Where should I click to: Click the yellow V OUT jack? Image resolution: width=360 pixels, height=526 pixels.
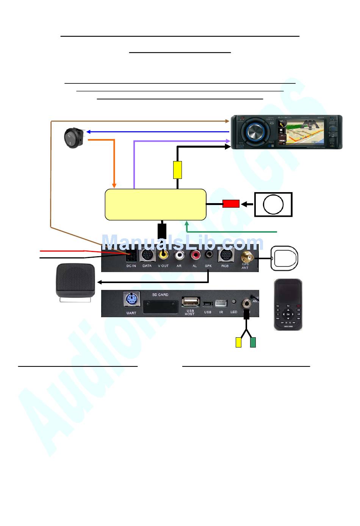(x=164, y=255)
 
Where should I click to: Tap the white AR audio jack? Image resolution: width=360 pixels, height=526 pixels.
(x=179, y=255)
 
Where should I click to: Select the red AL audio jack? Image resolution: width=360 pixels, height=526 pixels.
(x=195, y=255)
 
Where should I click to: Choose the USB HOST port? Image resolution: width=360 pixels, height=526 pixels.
(x=190, y=302)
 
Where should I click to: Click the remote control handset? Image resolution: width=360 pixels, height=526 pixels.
(x=288, y=305)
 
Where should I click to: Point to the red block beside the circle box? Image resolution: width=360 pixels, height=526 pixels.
(x=231, y=204)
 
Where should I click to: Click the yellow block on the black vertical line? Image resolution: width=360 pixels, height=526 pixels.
(x=177, y=170)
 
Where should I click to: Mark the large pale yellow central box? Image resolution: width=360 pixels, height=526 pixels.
(x=155, y=205)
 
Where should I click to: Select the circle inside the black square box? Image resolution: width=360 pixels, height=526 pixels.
(x=273, y=205)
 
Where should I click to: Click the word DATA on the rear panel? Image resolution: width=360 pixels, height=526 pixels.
(x=147, y=266)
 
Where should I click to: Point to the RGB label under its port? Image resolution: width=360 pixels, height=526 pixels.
(x=225, y=266)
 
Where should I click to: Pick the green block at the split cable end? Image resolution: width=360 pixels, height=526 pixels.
(x=253, y=342)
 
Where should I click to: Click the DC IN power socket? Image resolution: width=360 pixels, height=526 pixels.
(x=131, y=257)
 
